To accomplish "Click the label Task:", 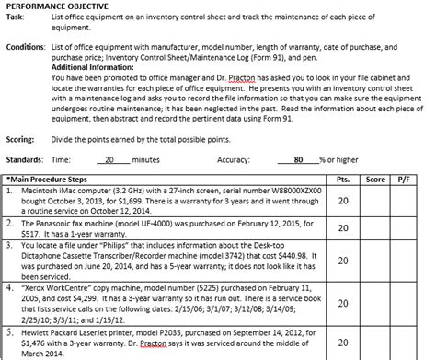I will (x=17, y=17).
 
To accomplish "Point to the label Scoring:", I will (x=22, y=132).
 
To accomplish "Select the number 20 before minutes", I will (x=110, y=158).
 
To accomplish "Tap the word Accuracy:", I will (x=238, y=158).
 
